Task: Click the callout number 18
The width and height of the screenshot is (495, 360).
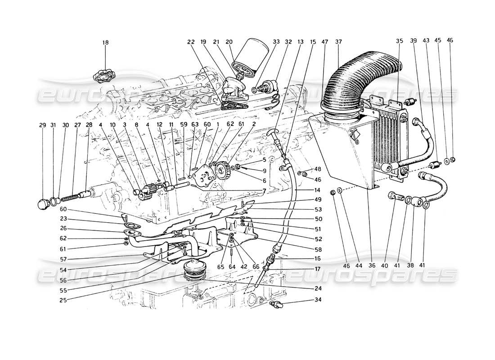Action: [x=105, y=43]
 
